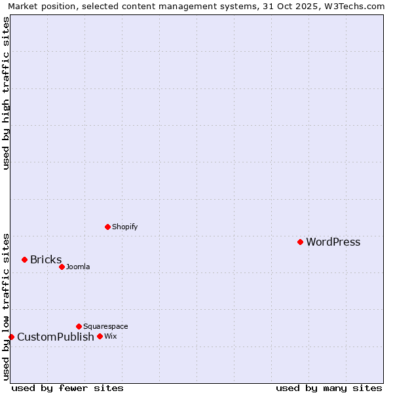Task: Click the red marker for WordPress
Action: pyautogui.click(x=300, y=242)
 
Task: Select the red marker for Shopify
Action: pyautogui.click(x=108, y=227)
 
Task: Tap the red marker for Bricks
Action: pyautogui.click(x=25, y=259)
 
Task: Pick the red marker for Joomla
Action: pyautogui.click(x=62, y=267)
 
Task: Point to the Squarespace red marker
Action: pyautogui.click(x=79, y=326)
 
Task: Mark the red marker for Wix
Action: pyautogui.click(x=100, y=336)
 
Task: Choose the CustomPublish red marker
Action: pyautogui.click(x=11, y=337)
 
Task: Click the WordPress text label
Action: pyautogui.click(x=333, y=242)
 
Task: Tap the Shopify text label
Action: pyautogui.click(x=124, y=227)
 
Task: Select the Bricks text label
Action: pyautogui.click(x=46, y=260)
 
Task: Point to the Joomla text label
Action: pyautogui.click(x=78, y=267)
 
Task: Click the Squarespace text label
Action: pyautogui.click(x=105, y=327)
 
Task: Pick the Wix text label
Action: pyautogui.click(x=110, y=337)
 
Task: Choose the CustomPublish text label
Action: pyautogui.click(x=56, y=337)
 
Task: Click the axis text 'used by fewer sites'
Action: pyautogui.click(x=67, y=388)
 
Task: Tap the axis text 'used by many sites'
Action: pyautogui.click(x=329, y=388)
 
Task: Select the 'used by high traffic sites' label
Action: pyautogui.click(x=7, y=93)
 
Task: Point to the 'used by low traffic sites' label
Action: pyautogui.click(x=7, y=307)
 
